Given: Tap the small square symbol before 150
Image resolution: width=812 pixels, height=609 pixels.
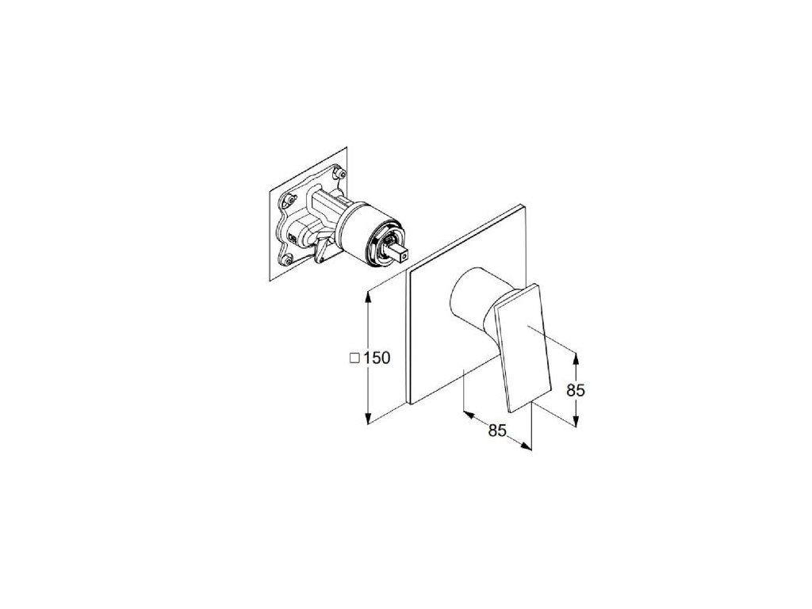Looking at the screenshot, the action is [354, 358].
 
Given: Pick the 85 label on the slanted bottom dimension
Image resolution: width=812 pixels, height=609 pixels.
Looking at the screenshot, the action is [498, 431].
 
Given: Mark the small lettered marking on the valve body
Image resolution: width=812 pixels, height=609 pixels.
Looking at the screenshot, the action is [293, 239].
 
